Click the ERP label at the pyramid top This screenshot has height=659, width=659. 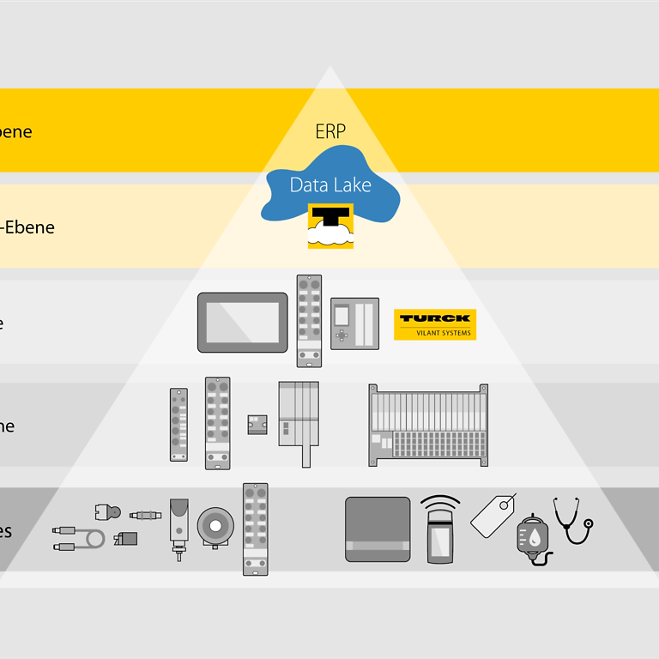(x=330, y=131)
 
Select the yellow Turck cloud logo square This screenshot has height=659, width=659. (x=330, y=227)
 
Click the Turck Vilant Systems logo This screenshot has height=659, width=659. (x=435, y=324)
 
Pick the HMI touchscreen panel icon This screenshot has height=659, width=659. (x=243, y=322)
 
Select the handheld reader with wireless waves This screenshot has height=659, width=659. (x=440, y=529)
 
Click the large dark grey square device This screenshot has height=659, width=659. (x=378, y=529)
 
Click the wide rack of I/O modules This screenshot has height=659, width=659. (x=428, y=425)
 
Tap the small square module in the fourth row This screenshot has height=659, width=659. (x=257, y=424)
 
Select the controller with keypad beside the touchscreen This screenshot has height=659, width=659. (x=354, y=323)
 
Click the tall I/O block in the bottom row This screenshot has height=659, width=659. (x=255, y=529)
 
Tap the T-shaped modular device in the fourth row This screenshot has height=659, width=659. (x=299, y=420)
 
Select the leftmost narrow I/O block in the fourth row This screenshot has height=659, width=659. (x=178, y=425)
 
